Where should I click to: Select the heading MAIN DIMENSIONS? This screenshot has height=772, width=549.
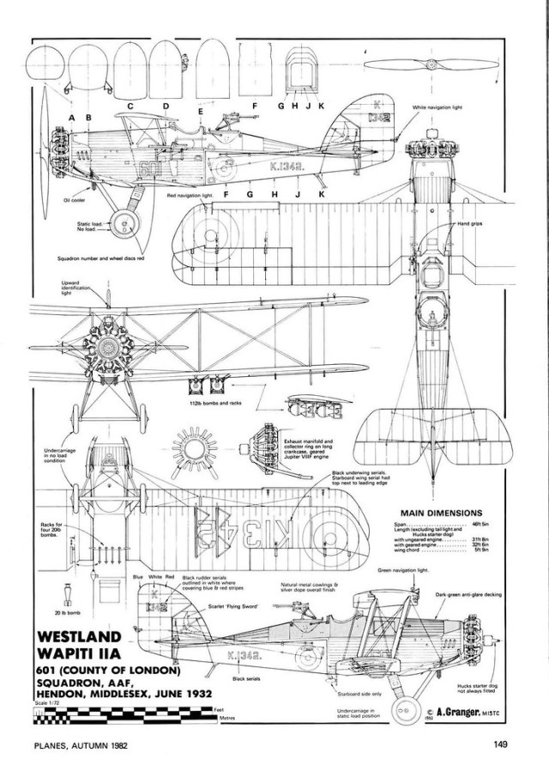point(437,513)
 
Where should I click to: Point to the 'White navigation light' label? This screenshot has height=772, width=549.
point(437,107)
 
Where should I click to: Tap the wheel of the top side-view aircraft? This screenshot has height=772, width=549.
point(125,226)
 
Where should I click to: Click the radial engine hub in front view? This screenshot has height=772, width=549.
point(109,346)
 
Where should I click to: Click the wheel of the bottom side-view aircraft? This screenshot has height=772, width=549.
point(402,709)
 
